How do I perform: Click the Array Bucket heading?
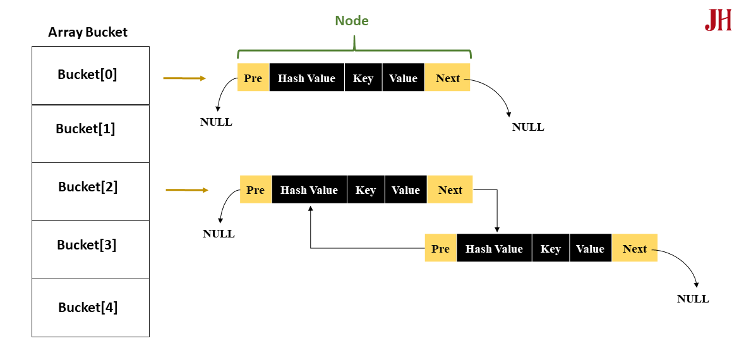[x=88, y=32]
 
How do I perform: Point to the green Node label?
[x=352, y=21]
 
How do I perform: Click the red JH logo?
[x=718, y=20]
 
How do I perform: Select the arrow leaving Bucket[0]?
[x=184, y=78]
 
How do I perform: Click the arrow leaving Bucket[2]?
[x=186, y=190]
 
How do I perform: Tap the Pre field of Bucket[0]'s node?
[x=253, y=78]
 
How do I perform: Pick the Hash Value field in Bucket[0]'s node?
[x=307, y=78]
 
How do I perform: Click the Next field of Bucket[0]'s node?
[x=447, y=78]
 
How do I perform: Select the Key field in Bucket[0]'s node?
[x=363, y=78]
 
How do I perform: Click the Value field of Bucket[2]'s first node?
[x=406, y=189]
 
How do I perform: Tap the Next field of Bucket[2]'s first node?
[x=450, y=189]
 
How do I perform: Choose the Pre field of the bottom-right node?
[x=440, y=248]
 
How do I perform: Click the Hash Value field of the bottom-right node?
[x=494, y=248]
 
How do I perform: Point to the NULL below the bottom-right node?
[x=693, y=299]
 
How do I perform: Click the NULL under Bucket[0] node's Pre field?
[x=216, y=122]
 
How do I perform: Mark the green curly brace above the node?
[x=354, y=50]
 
